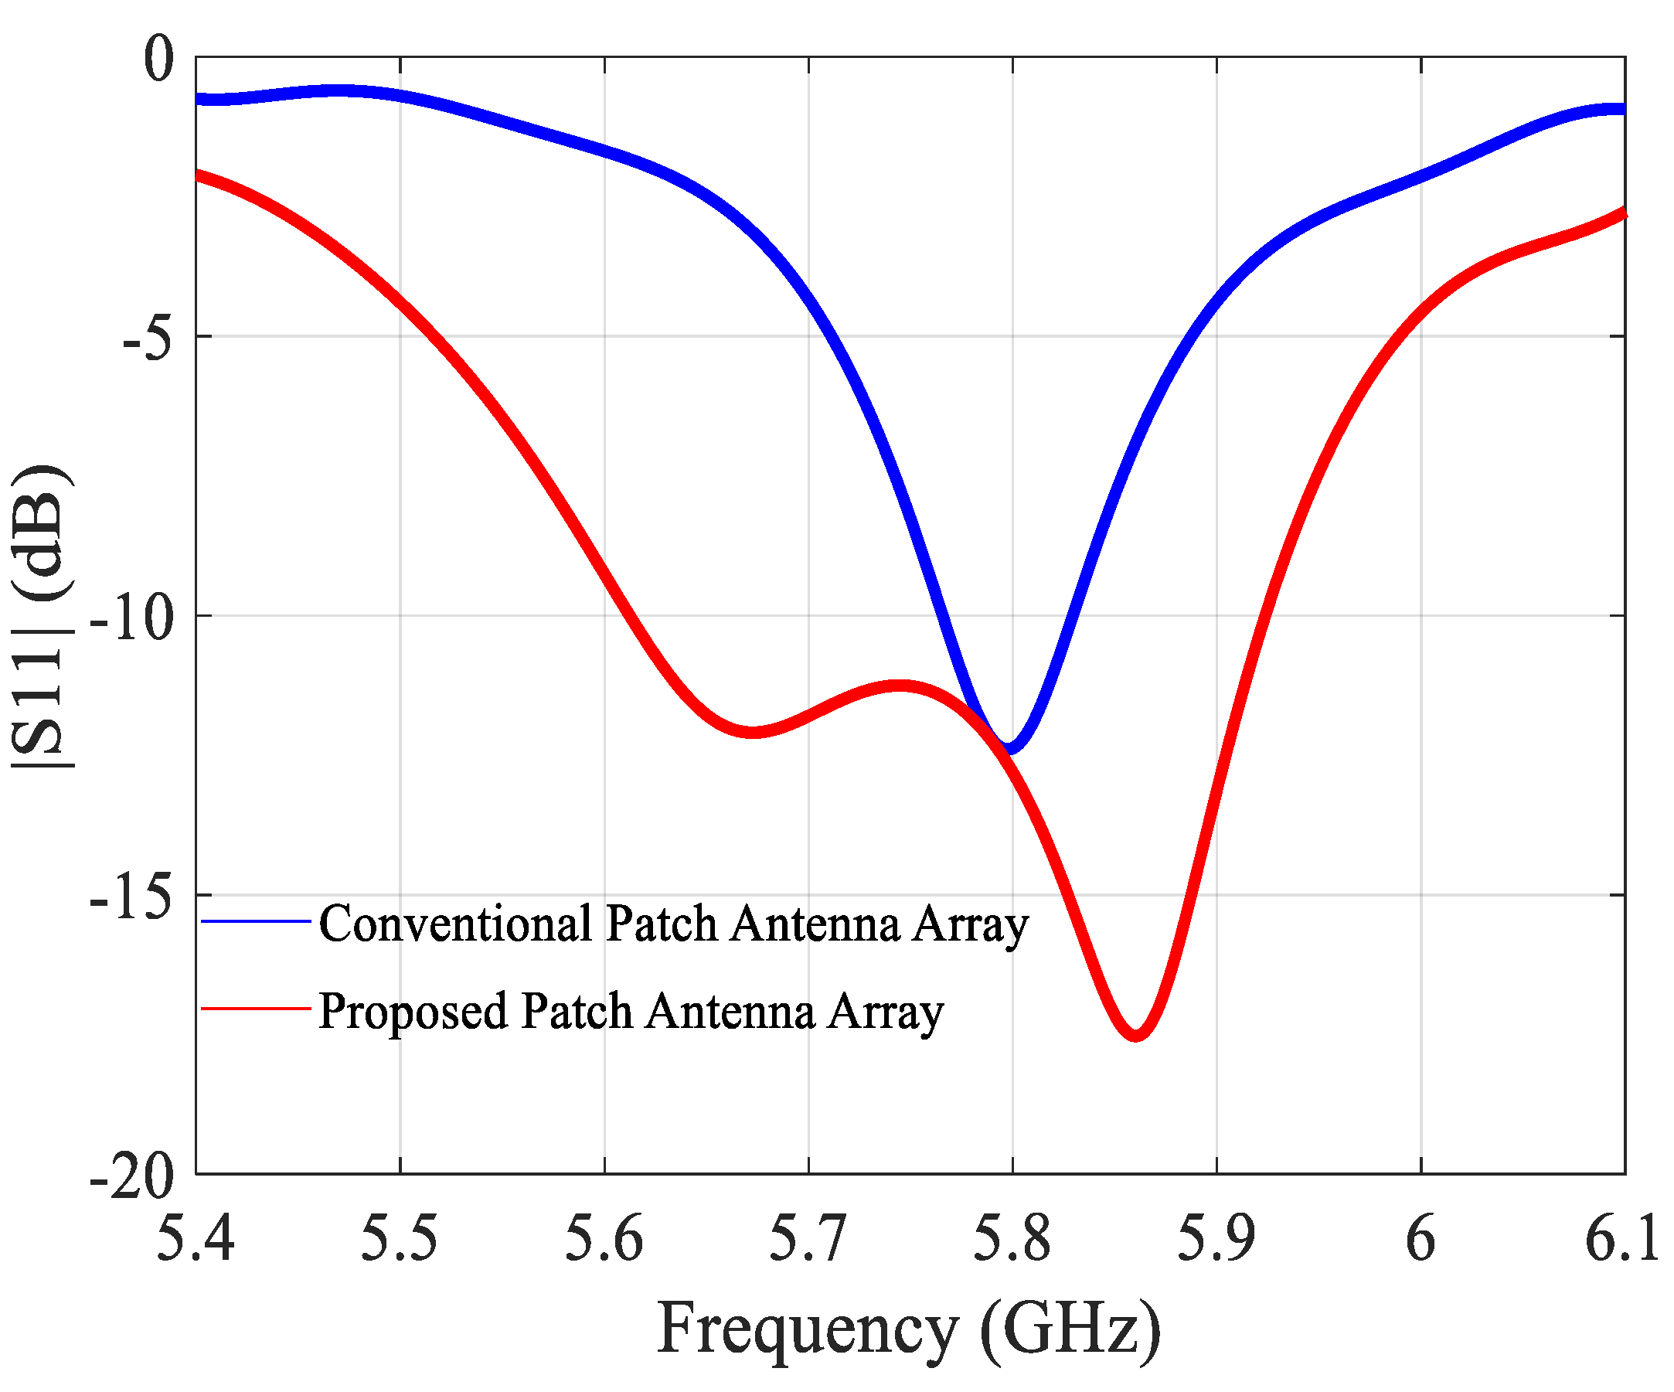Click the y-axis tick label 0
pyautogui.click(x=158, y=59)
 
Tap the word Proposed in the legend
pyautogui.click(x=413, y=1011)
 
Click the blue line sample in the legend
pyautogui.click(x=255, y=921)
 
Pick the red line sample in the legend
pyautogui.click(x=255, y=1009)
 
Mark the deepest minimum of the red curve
pyautogui.click(x=1136, y=1034)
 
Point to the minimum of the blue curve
pyautogui.click(x=1010, y=747)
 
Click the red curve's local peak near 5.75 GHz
pyautogui.click(x=899, y=686)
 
